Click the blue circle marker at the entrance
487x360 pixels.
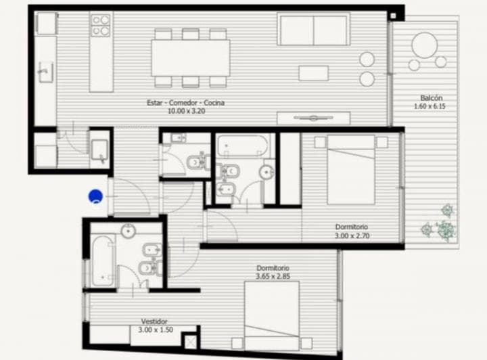click(96, 197)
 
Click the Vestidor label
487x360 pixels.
click(154, 321)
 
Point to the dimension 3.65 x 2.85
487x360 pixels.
click(273, 277)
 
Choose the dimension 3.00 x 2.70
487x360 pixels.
click(352, 235)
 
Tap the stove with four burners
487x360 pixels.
click(101, 26)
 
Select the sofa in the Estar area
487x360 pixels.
click(313, 29)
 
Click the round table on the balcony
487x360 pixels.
click(424, 46)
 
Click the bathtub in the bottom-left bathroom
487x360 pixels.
click(103, 261)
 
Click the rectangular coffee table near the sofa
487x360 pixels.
click(313, 73)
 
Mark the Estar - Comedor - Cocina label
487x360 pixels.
click(185, 102)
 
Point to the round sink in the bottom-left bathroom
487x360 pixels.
click(129, 231)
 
